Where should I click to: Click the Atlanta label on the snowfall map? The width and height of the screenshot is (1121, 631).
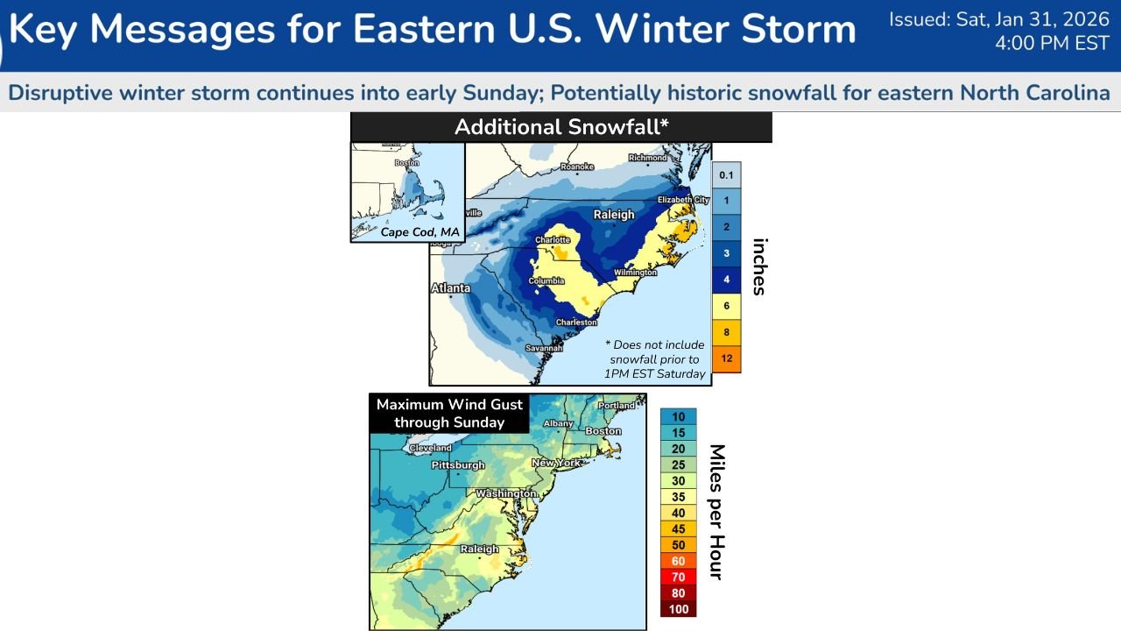coord(450,288)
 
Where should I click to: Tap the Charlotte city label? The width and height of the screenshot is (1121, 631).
coord(553,240)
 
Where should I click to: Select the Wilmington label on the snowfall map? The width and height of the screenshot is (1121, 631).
coord(635,273)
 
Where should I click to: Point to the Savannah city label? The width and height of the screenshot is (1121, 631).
coord(544,348)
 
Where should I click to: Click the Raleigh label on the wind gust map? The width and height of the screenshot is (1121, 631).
coord(479,549)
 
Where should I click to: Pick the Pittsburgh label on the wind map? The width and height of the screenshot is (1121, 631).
coord(457,464)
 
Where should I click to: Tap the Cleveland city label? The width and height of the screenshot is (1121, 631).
coord(430,448)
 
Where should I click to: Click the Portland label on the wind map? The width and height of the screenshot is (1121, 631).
coord(617,406)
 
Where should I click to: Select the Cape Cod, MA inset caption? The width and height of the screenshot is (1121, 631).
coord(419,232)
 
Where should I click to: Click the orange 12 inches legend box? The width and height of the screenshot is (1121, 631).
coord(726,359)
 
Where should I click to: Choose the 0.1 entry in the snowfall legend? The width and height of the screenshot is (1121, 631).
coord(726,175)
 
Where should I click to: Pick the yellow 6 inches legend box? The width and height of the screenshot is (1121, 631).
coord(726,307)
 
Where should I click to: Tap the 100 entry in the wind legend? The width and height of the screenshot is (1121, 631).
coord(678,609)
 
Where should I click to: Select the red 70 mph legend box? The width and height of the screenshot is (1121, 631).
coord(678,577)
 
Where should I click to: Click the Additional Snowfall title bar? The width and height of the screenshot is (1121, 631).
coord(560,127)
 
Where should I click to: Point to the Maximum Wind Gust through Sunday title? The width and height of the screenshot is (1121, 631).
coord(449,414)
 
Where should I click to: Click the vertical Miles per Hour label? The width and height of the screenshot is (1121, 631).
coord(716,512)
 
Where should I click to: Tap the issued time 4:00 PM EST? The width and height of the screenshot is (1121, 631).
coord(1052,44)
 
